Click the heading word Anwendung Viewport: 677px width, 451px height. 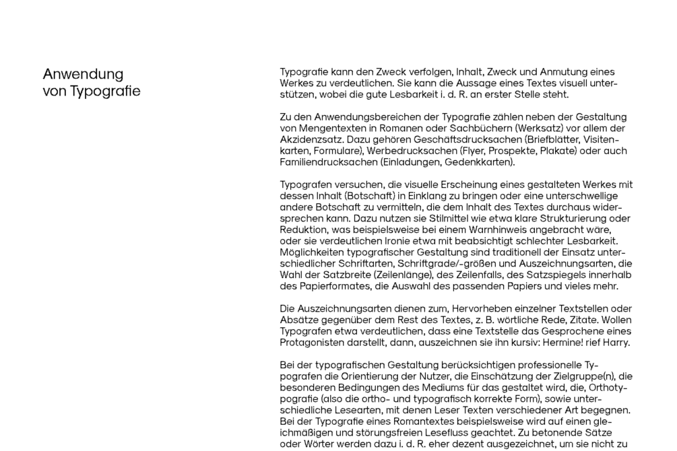[x=83, y=74]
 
